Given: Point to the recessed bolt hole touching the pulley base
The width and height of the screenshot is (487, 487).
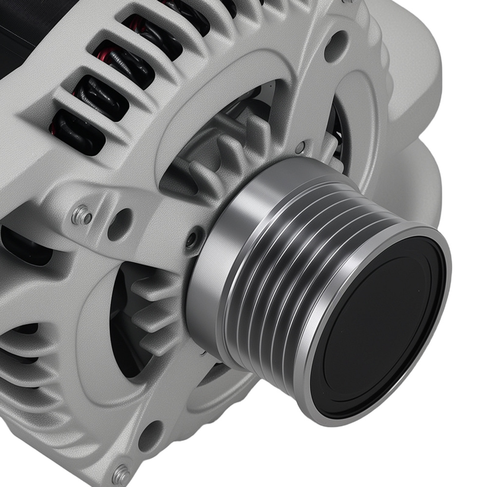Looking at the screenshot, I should (x=193, y=239).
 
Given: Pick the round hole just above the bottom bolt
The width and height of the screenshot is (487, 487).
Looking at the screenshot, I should (x=150, y=435).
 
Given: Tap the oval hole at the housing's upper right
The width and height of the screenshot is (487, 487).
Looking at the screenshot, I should (x=336, y=46).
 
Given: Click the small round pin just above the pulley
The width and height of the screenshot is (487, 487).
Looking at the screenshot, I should (x=300, y=146).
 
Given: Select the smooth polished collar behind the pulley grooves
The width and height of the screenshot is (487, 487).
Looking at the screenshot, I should (x=214, y=273).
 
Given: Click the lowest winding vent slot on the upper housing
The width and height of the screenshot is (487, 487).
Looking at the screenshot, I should (x=78, y=129).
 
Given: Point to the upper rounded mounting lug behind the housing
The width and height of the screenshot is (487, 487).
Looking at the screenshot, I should (x=414, y=73).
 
